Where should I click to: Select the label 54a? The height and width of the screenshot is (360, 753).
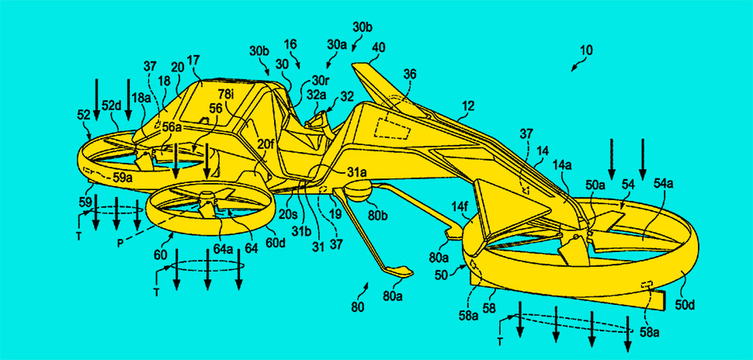tap(664, 182)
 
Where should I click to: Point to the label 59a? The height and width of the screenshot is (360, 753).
tap(123, 177)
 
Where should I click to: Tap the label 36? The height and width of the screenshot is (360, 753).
tap(409, 74)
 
